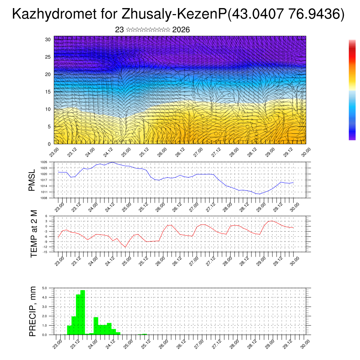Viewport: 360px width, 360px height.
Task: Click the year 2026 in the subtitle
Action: point(181,30)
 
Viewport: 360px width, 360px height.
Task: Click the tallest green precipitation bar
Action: point(83,312)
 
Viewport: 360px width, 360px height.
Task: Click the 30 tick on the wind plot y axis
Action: point(49,39)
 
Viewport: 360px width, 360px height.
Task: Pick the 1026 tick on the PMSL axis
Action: point(44,162)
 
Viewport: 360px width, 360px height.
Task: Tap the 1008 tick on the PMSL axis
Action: point(44,198)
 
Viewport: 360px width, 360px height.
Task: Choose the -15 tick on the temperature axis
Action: point(45,252)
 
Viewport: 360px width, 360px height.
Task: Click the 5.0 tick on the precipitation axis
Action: point(45,288)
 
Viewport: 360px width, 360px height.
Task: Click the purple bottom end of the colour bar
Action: point(352,138)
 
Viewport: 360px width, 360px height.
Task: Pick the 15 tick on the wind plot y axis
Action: point(49,92)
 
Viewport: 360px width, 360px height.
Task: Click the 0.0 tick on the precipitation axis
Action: point(45,335)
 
